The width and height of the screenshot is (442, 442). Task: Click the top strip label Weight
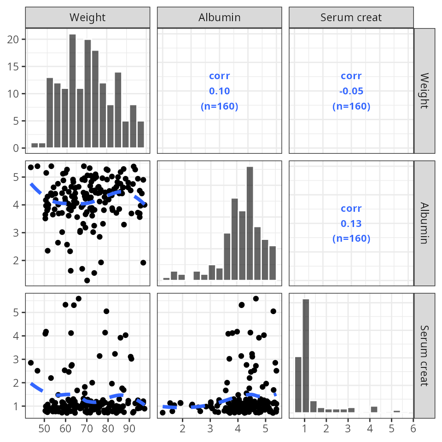pos(87,18)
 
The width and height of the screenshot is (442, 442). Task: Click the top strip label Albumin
pos(219,18)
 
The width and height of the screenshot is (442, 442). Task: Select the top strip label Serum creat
pos(351,18)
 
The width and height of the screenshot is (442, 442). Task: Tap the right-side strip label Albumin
pos(425,223)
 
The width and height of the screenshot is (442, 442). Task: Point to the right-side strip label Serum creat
pos(425,355)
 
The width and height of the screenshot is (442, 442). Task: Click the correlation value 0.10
pos(219,91)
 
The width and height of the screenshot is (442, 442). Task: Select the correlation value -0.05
pos(351,91)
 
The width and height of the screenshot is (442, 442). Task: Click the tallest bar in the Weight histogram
pos(72,91)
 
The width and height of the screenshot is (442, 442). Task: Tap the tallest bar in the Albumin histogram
pos(250,223)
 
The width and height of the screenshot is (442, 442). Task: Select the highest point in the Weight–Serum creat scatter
pos(78,299)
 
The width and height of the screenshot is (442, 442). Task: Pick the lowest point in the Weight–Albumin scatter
pos(87,280)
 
